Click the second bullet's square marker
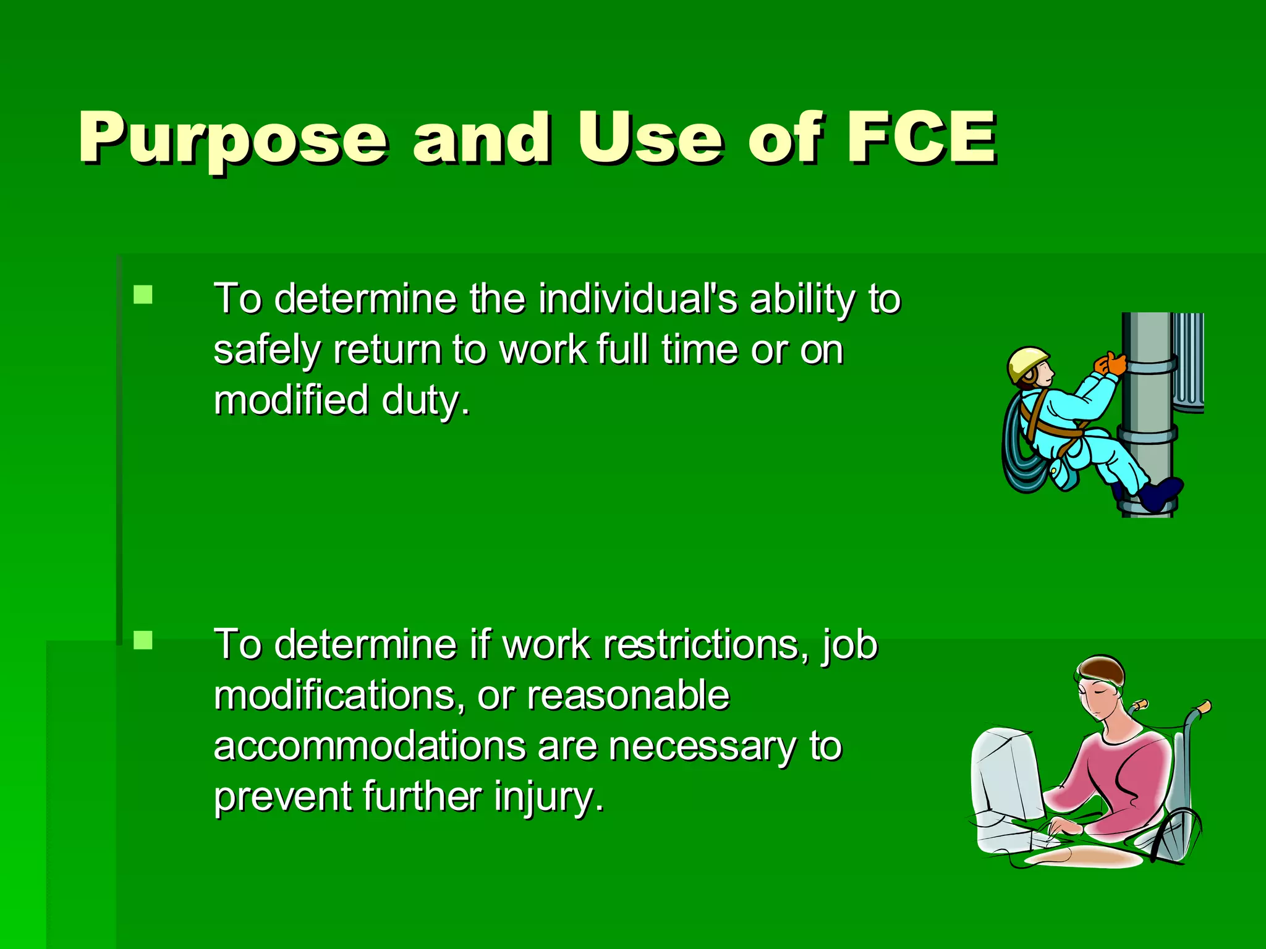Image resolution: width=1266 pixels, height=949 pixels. [143, 640]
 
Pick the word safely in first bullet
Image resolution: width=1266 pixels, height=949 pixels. [266, 351]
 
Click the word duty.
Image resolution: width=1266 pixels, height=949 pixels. [425, 400]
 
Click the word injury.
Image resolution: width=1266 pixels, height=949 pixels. [548, 797]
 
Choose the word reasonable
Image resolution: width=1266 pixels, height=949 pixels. [627, 696]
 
